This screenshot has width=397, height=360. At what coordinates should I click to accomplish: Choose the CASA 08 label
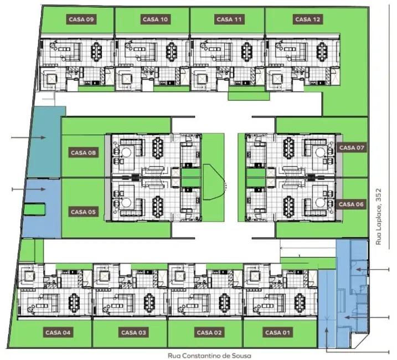pyautogui.click(x=84, y=153)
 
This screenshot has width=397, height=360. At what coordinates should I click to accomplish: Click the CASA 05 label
pyautogui.click(x=84, y=212)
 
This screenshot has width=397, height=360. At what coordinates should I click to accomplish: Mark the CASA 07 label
pyautogui.click(x=352, y=148)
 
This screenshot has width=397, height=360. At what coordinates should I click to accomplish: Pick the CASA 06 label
pyautogui.click(x=352, y=204)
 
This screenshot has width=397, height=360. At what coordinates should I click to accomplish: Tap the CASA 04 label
pyautogui.click(x=58, y=332)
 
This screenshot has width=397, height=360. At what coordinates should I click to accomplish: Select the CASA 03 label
pyautogui.click(x=133, y=332)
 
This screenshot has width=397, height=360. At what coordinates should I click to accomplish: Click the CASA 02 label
pyautogui.click(x=208, y=332)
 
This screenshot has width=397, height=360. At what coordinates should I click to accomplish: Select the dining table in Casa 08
pyautogui.click(x=157, y=147)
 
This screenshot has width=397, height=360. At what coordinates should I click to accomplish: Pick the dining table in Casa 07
pyautogui.click(x=288, y=147)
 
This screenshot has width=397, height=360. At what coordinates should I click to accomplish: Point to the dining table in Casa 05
pyautogui.click(x=157, y=205)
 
